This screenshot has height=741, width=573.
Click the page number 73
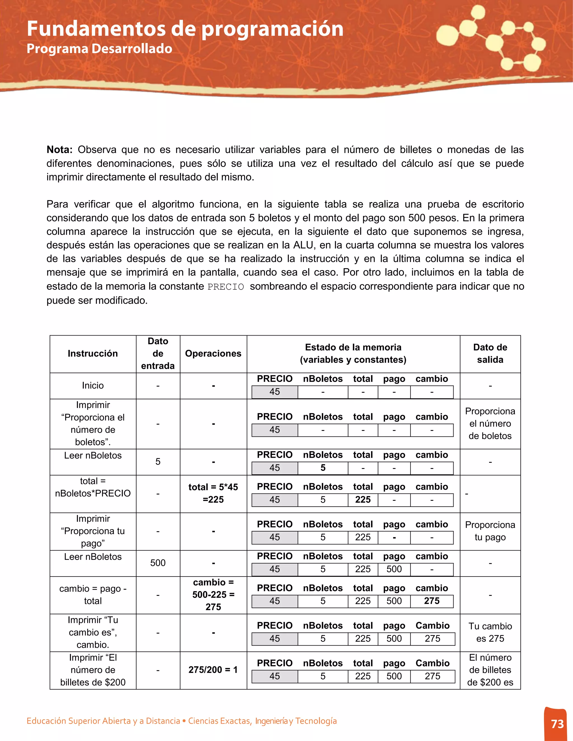click(557, 724)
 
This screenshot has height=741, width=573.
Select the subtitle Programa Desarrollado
click(99, 49)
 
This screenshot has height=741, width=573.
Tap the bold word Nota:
click(59, 150)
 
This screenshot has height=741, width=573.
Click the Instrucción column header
click(93, 353)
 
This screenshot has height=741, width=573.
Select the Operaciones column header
click(213, 353)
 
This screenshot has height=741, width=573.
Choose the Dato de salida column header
click(490, 353)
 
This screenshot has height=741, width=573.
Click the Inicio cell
click(93, 385)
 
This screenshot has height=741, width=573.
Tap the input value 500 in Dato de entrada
click(158, 563)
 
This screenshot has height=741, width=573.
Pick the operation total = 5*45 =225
click(213, 493)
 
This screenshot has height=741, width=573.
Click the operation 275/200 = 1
click(213, 670)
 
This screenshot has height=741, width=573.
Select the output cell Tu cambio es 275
click(490, 633)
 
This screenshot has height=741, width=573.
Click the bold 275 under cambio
click(431, 601)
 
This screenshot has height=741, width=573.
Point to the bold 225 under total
click(363, 499)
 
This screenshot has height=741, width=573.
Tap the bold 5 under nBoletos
click(323, 468)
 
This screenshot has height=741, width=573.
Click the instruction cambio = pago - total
click(93, 595)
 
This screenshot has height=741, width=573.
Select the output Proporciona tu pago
click(490, 531)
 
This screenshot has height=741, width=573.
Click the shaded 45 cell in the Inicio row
click(275, 392)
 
